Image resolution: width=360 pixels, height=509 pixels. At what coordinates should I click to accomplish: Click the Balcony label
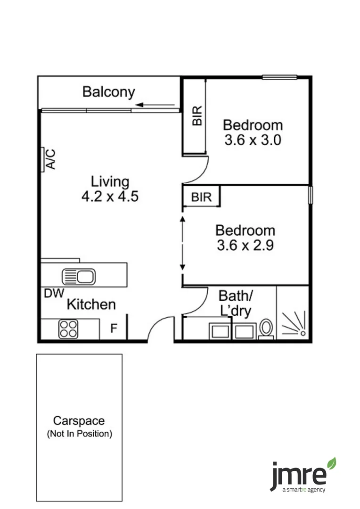108,91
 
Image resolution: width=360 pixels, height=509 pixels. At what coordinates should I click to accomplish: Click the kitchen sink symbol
79,276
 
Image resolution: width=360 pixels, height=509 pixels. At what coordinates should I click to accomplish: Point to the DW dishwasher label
54,293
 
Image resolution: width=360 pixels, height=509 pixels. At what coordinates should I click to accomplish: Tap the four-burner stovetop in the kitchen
68,329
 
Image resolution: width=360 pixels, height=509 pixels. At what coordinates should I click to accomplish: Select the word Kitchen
91,304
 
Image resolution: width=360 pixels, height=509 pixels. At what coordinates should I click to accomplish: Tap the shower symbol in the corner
294,323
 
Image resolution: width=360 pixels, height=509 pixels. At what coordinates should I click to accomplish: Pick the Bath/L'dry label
236,303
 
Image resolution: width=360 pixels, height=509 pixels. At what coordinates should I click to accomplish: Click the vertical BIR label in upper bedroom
197,116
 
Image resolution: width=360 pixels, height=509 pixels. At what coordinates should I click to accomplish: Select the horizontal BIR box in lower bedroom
202,197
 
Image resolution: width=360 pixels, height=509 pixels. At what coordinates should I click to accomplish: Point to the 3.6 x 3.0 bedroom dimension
253,140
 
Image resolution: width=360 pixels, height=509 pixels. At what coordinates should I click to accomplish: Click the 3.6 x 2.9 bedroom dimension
245,246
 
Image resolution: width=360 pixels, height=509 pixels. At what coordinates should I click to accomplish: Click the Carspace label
79,420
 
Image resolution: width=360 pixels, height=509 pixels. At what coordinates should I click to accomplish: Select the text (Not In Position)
79,434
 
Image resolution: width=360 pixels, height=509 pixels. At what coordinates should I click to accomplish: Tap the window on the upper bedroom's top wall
279,77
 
